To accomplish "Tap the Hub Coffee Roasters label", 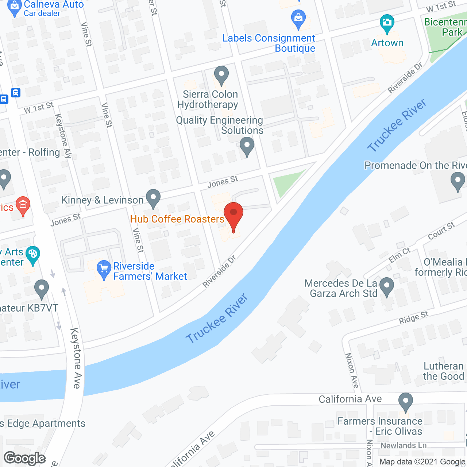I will click(x=177, y=219).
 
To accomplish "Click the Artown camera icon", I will click(x=387, y=24).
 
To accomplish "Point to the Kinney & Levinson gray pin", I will click(x=153, y=198).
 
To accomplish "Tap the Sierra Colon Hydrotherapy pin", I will click(x=221, y=75).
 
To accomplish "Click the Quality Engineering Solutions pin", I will click(x=247, y=146).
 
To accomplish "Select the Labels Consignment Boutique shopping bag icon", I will click(x=298, y=19).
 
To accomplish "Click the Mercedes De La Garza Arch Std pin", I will click(x=387, y=286).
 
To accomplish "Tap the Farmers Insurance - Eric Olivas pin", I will click(x=405, y=402).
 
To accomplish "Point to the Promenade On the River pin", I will click(x=458, y=181).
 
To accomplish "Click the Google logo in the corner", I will click(x=25, y=458).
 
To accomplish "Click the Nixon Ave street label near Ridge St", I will click(x=352, y=370).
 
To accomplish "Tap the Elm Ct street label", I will click(x=400, y=255).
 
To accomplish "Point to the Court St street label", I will click(x=441, y=231).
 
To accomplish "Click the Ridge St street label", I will click(x=413, y=317).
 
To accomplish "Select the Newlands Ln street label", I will click(x=403, y=445).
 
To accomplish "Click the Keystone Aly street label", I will click(x=63, y=135).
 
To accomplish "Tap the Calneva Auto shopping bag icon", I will click(x=15, y=9).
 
